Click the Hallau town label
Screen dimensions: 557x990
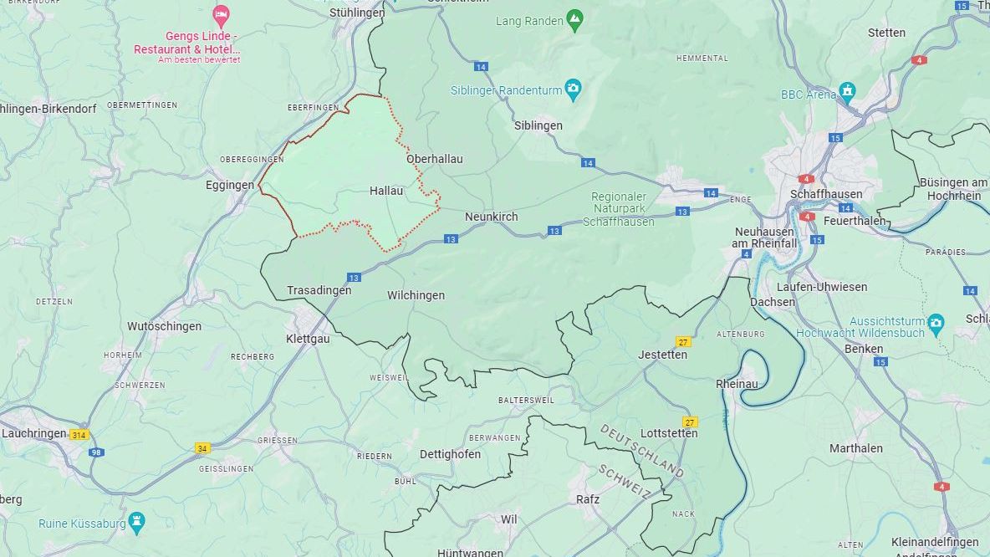386,191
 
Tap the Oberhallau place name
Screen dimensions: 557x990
434,159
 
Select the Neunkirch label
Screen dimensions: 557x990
491,217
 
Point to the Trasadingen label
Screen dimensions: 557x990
319,290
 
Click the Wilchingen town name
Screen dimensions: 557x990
416,295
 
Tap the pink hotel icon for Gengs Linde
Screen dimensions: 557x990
221,15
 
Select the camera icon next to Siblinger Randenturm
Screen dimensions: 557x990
573,89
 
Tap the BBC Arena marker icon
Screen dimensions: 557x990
848,91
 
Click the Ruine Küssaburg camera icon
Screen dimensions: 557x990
137,524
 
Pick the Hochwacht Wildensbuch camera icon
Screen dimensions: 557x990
936,322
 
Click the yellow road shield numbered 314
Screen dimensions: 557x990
79,435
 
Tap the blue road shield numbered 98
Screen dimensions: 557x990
97,452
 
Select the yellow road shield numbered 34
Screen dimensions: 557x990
202,448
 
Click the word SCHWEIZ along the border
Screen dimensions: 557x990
625,482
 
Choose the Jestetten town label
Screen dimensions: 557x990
662,355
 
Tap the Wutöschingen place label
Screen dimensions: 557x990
164,326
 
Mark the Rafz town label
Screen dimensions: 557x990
588,499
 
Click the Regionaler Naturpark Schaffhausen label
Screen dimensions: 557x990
623,208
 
